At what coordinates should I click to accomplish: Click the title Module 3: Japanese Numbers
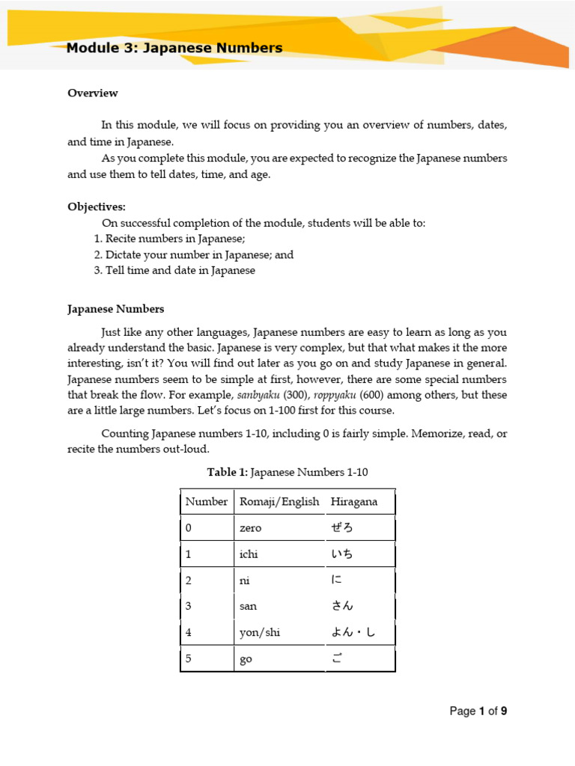(174, 49)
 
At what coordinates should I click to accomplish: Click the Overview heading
(93, 94)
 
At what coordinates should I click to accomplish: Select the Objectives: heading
(97, 206)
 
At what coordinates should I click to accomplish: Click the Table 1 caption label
(227, 472)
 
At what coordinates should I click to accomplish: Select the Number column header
(207, 502)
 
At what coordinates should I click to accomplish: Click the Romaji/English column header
(279, 502)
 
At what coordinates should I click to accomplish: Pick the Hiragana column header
(354, 502)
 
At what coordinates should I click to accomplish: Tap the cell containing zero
(250, 528)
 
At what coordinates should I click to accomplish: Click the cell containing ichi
(249, 554)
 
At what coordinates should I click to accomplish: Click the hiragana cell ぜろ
(341, 528)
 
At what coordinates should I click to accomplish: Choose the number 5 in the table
(189, 659)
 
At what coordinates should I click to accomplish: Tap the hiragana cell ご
(336, 659)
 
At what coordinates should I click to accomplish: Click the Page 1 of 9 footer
(478, 711)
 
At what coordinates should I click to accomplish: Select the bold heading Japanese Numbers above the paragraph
(116, 309)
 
